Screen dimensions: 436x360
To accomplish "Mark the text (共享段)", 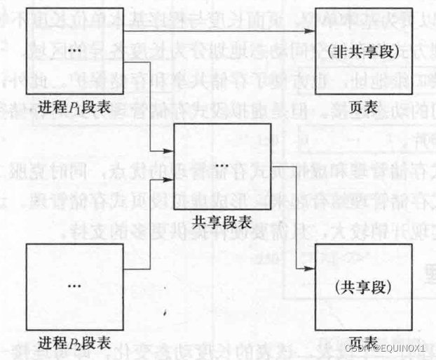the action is [362, 287].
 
